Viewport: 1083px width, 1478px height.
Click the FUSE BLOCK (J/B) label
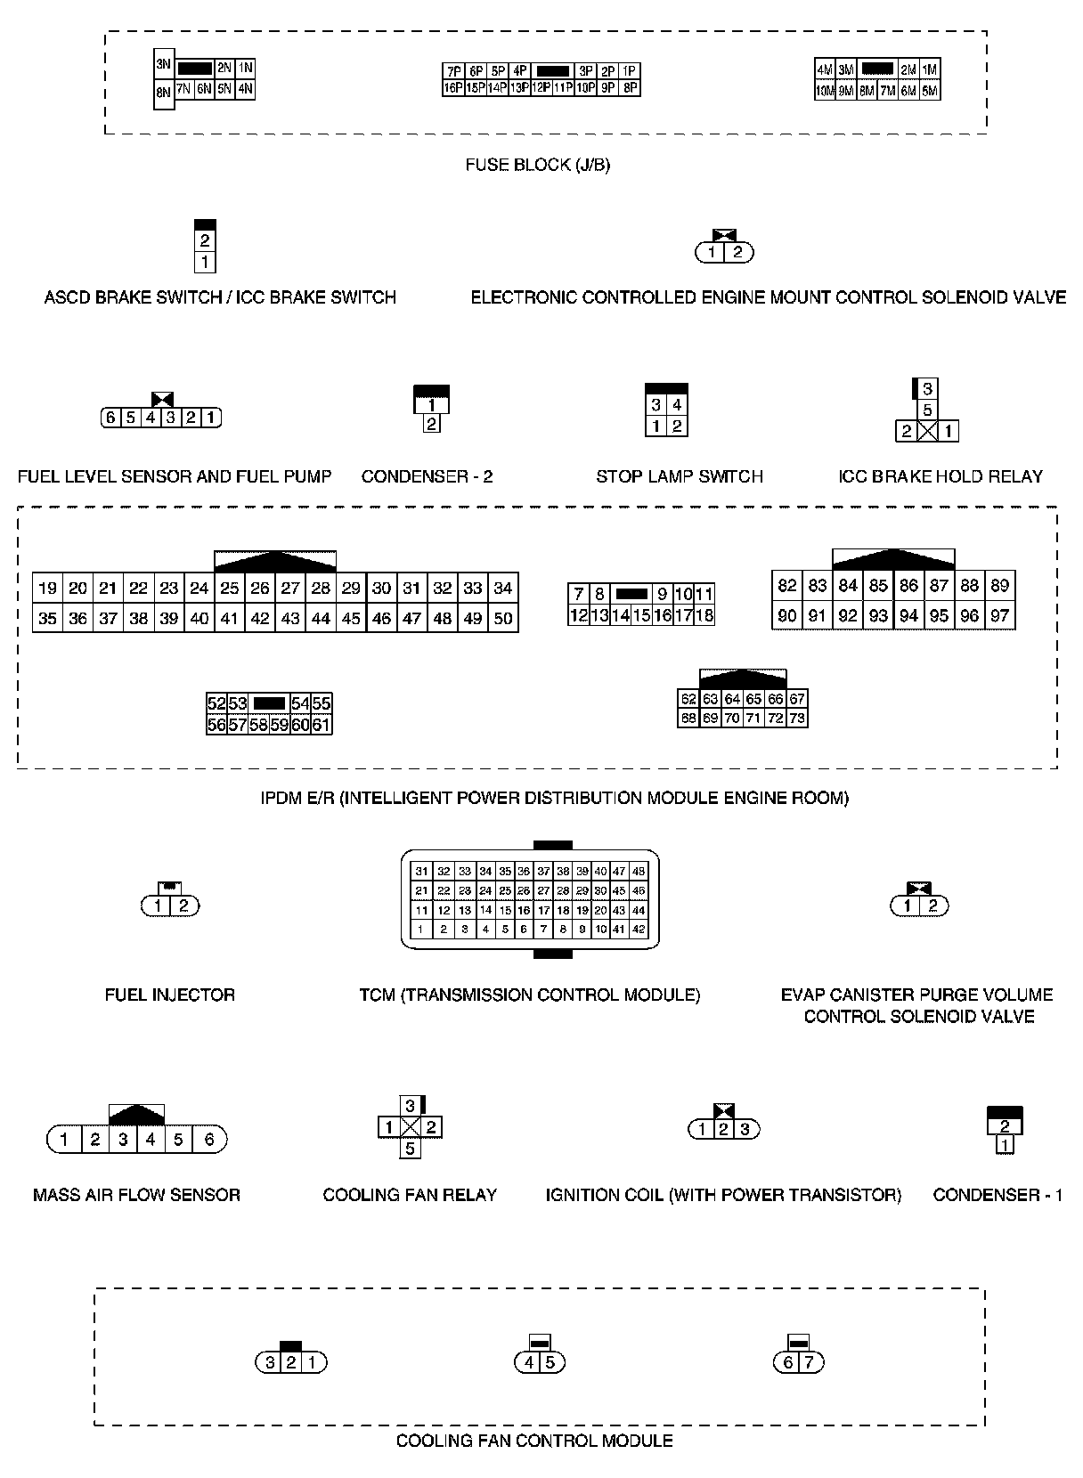pos(537,165)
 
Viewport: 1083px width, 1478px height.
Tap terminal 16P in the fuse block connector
pos(452,87)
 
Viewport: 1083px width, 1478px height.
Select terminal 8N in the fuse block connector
pos(163,92)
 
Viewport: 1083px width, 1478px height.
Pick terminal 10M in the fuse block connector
pos(825,90)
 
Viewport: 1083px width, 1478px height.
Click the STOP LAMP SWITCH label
pos(679,476)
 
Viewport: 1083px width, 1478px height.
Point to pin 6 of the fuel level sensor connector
pos(110,418)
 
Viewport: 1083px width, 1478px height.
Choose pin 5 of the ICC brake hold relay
pos(927,410)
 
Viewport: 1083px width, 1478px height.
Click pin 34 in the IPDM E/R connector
pos(503,588)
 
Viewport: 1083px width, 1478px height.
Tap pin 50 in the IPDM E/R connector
pos(503,618)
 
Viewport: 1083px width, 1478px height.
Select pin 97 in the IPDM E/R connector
pos(1000,615)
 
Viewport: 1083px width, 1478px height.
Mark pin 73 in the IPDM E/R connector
pos(797,718)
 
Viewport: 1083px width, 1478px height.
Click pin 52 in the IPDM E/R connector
pos(216,703)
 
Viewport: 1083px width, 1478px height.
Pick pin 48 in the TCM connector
pos(638,872)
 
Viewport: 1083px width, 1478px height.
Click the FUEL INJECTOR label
pos(169,995)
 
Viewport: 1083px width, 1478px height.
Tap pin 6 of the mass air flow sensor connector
pos(209,1139)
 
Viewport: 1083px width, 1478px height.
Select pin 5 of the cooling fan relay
pos(410,1149)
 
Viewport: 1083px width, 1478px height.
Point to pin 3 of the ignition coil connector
pos(745,1130)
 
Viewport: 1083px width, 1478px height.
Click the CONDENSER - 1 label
pos(997,1195)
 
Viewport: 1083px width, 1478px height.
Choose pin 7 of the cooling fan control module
pos(810,1362)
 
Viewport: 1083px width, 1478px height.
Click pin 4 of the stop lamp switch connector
pos(677,405)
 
